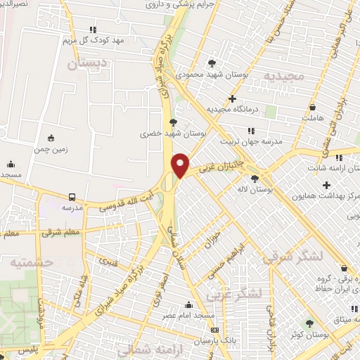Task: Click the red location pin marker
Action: [181, 165]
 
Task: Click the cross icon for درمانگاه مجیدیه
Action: [232, 98]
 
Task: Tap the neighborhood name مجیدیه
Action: [283, 75]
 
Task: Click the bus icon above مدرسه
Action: [72, 198]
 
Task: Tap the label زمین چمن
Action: [49, 149]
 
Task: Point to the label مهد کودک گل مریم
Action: [94, 40]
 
